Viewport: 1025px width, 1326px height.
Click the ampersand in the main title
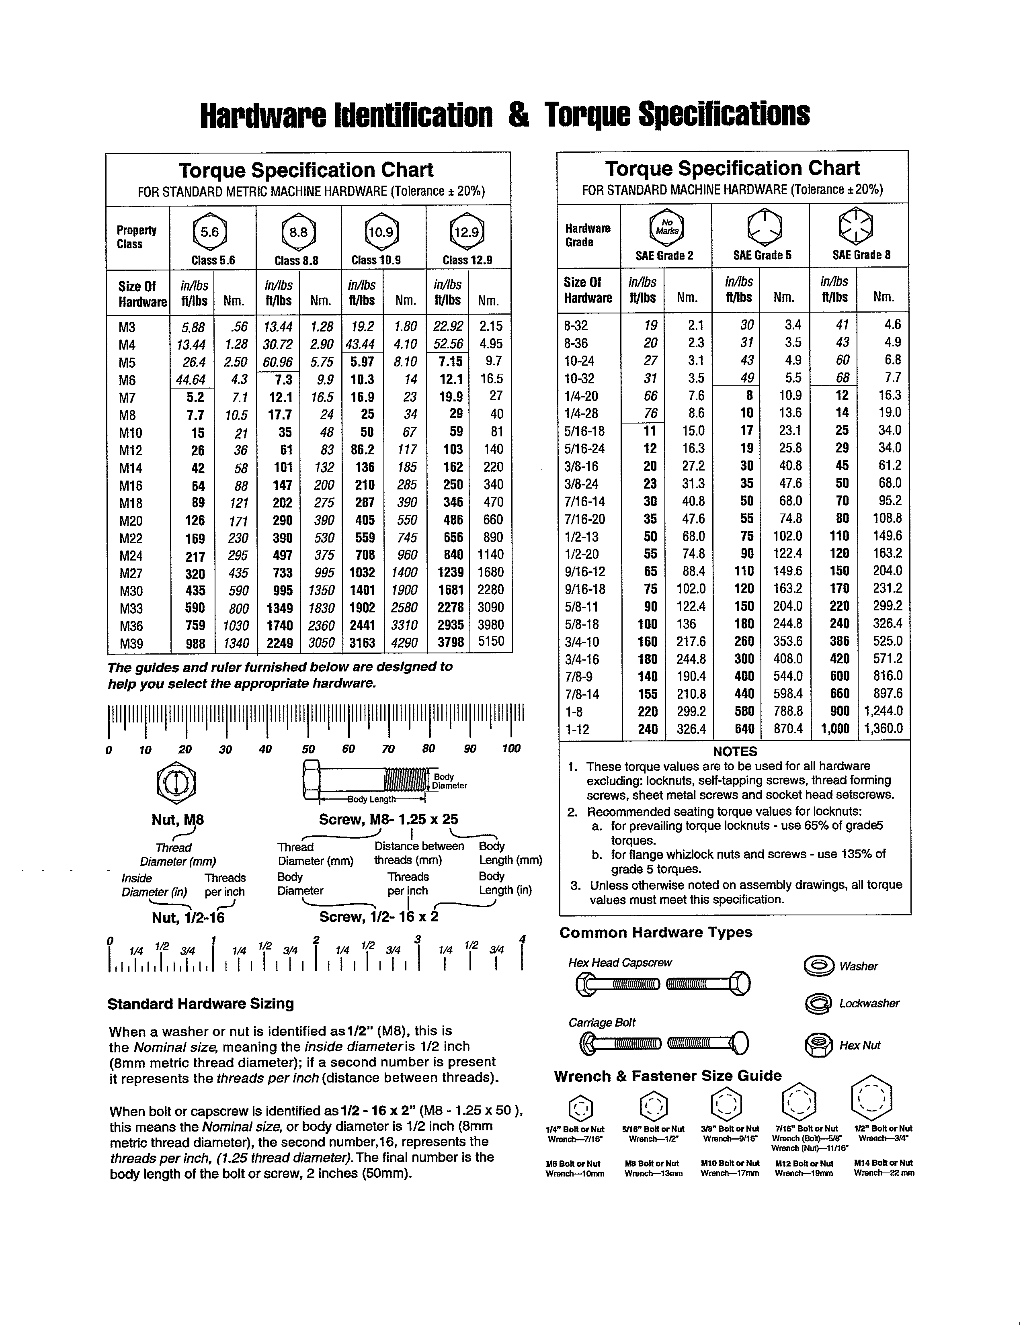click(518, 115)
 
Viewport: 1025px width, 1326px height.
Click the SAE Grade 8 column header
click(861, 255)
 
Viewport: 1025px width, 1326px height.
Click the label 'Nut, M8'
click(177, 820)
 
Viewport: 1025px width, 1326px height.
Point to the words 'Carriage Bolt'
click(601, 1023)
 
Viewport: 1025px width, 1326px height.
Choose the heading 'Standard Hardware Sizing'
click(201, 1004)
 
